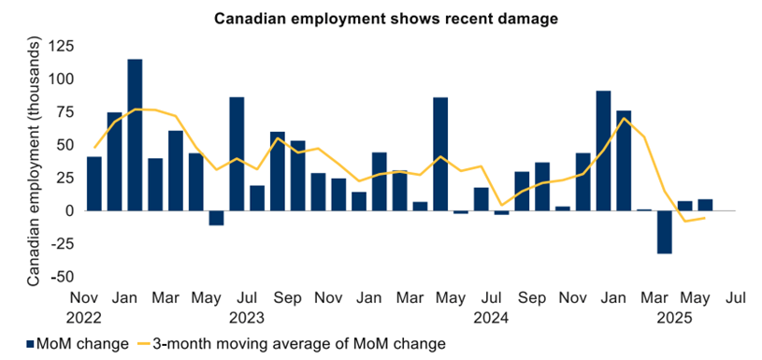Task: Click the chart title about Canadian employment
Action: click(x=381, y=18)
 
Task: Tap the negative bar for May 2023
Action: click(x=216, y=218)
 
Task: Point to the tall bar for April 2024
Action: click(x=440, y=153)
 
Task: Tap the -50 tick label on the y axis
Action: click(x=62, y=277)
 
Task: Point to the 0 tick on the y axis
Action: click(x=69, y=211)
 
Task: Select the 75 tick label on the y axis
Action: click(x=65, y=112)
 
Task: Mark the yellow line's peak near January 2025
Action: click(x=624, y=118)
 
